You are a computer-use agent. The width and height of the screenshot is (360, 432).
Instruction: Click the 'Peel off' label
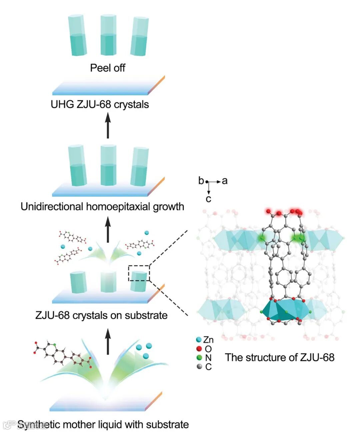coord(107,68)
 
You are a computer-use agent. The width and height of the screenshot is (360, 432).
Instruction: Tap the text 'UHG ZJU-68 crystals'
coord(100,105)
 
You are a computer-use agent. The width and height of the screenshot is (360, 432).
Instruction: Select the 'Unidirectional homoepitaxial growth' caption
coord(102,207)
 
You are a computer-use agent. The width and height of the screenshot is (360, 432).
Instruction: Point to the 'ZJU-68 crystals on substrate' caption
coord(101,315)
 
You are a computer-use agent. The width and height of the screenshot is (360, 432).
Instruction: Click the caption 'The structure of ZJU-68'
coord(279,357)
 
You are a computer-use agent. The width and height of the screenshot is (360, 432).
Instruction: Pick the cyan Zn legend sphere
coord(199,340)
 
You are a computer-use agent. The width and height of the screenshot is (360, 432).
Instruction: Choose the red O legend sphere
coord(199,349)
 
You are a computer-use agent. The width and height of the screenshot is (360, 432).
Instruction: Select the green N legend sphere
coord(199,358)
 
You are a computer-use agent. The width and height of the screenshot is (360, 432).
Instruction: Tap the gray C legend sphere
coord(199,367)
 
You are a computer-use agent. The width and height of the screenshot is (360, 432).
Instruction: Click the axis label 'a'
coord(225,181)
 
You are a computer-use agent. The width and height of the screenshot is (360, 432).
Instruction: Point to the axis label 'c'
coord(208,199)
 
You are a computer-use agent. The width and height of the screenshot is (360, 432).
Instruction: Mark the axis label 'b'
coord(201,181)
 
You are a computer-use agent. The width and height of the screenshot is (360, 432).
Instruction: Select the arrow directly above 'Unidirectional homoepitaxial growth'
coord(108,229)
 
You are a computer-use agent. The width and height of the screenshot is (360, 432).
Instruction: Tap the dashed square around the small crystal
coord(139,273)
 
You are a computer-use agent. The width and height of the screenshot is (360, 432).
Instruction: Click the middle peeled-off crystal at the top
coord(108,35)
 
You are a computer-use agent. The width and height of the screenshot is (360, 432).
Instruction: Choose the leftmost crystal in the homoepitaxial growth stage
coord(77,166)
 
